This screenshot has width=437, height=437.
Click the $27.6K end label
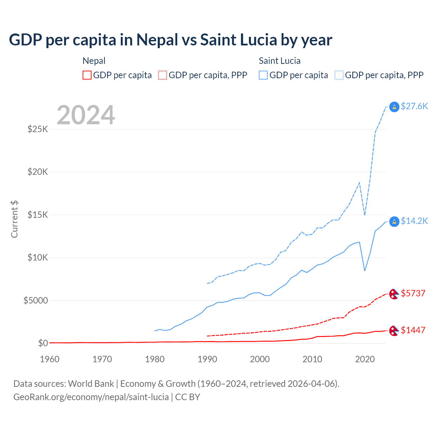pyautogui.click(x=414, y=106)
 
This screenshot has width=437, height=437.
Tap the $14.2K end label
pyautogui.click(x=414, y=221)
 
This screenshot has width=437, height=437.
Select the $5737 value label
pyautogui.click(x=413, y=293)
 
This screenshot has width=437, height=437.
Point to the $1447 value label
pyautogui.click(x=413, y=330)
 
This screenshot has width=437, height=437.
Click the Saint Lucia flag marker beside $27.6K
pyautogui.click(x=394, y=107)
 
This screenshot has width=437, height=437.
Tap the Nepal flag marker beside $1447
pyautogui.click(x=394, y=331)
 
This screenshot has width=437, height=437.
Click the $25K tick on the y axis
pyautogui.click(x=38, y=129)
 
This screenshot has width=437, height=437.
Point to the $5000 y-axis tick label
pyautogui.click(x=36, y=300)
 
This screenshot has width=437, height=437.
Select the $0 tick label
pyautogui.click(x=43, y=343)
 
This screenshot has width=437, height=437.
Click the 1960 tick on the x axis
pyautogui.click(x=50, y=359)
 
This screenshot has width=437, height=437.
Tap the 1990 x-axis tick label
pyautogui.click(x=207, y=359)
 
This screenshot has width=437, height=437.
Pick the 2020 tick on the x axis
pyautogui.click(x=365, y=359)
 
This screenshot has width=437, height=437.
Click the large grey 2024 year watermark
pyautogui.click(x=86, y=115)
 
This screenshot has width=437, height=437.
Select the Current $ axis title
pyautogui.click(x=14, y=219)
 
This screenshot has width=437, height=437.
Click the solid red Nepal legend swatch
pyautogui.click(x=87, y=75)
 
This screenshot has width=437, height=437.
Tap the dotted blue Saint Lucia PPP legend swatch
pyautogui.click(x=339, y=75)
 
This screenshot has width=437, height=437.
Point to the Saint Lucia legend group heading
pyautogui.click(x=280, y=61)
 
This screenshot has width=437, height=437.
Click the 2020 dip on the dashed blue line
pyautogui.click(x=365, y=215)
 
